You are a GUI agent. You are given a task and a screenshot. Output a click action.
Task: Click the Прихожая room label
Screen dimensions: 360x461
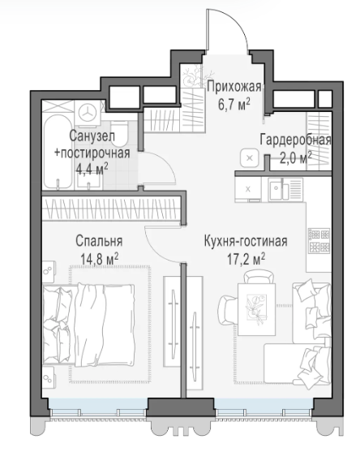coord(234,87)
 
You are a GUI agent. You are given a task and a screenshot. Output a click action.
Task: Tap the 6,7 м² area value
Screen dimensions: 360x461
coord(234,105)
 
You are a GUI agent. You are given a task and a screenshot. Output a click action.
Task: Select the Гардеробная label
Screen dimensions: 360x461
coord(295,140)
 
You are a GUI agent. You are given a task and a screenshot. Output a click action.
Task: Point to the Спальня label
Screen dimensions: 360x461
coord(99,241)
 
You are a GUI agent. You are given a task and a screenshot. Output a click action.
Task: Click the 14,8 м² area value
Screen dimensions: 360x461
coord(100,259)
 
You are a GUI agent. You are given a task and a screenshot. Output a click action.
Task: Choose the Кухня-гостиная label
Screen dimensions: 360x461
coord(246,241)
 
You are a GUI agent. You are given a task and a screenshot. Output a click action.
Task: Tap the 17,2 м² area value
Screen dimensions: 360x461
coord(246,259)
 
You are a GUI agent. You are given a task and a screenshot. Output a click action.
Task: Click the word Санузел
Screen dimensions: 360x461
coord(92,136)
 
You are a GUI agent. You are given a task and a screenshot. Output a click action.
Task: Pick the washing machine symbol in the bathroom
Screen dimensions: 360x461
coord(88,112)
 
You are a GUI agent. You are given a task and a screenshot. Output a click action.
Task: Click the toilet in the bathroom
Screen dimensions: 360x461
coord(119,134)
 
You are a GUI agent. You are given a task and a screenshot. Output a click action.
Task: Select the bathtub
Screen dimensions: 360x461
coord(58,152)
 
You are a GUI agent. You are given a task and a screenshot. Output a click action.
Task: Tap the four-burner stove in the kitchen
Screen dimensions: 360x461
coord(319,241)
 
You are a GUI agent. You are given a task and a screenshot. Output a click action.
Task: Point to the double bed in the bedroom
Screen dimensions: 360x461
coord(88,325)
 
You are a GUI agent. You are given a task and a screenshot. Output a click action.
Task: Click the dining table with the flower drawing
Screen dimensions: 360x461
coord(257,309)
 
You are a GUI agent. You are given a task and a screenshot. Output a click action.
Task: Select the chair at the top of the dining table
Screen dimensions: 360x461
coord(259,277)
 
